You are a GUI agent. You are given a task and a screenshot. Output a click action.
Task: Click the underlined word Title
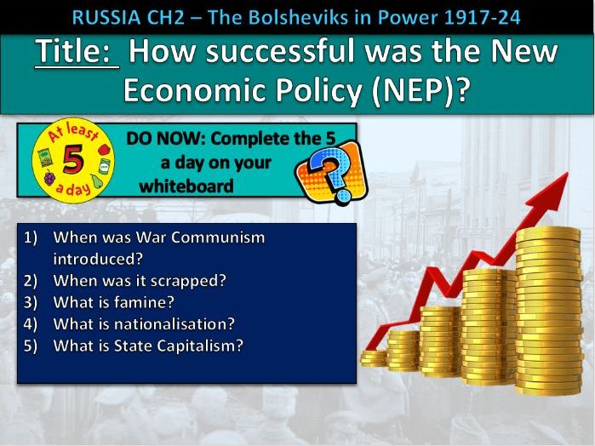tap(74, 53)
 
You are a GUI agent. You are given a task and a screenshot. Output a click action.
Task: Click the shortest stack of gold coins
tap(374, 356)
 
